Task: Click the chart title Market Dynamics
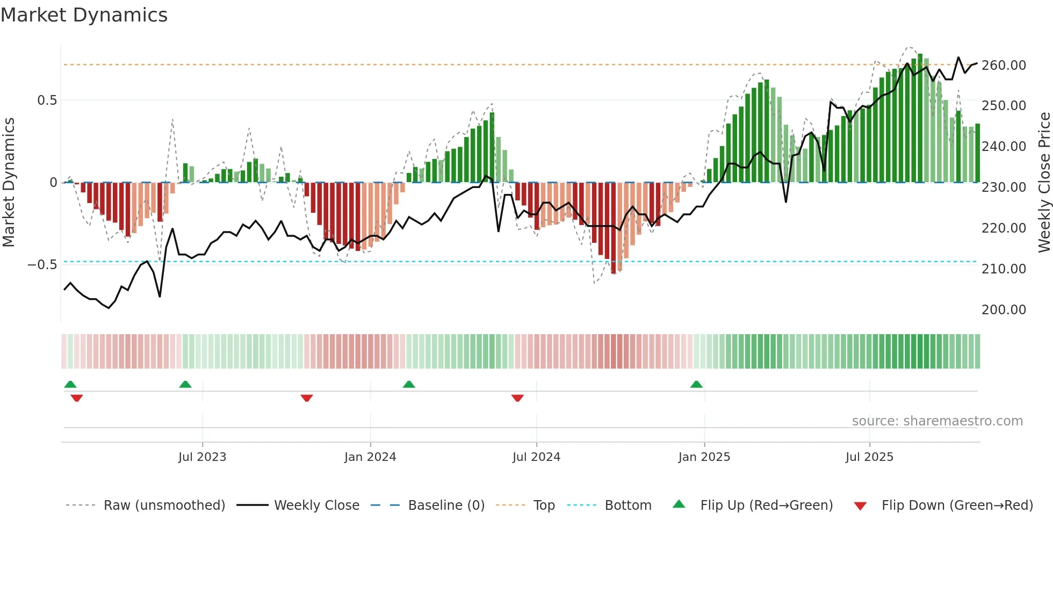tap(84, 15)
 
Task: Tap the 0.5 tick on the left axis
tap(47, 100)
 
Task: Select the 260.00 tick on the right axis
tap(1003, 66)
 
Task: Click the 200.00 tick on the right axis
tap(1003, 310)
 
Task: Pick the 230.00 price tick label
tap(1003, 187)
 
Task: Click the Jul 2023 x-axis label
tap(202, 457)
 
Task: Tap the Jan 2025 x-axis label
tap(704, 457)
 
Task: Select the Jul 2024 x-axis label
tap(536, 457)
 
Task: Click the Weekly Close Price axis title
tap(1044, 183)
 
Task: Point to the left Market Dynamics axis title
tap(9, 183)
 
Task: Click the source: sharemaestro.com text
tap(937, 421)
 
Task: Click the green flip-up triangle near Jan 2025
tap(696, 385)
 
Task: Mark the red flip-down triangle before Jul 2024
tap(517, 398)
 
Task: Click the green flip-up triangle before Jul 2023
tap(185, 385)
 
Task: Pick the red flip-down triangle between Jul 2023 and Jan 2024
tap(307, 398)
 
